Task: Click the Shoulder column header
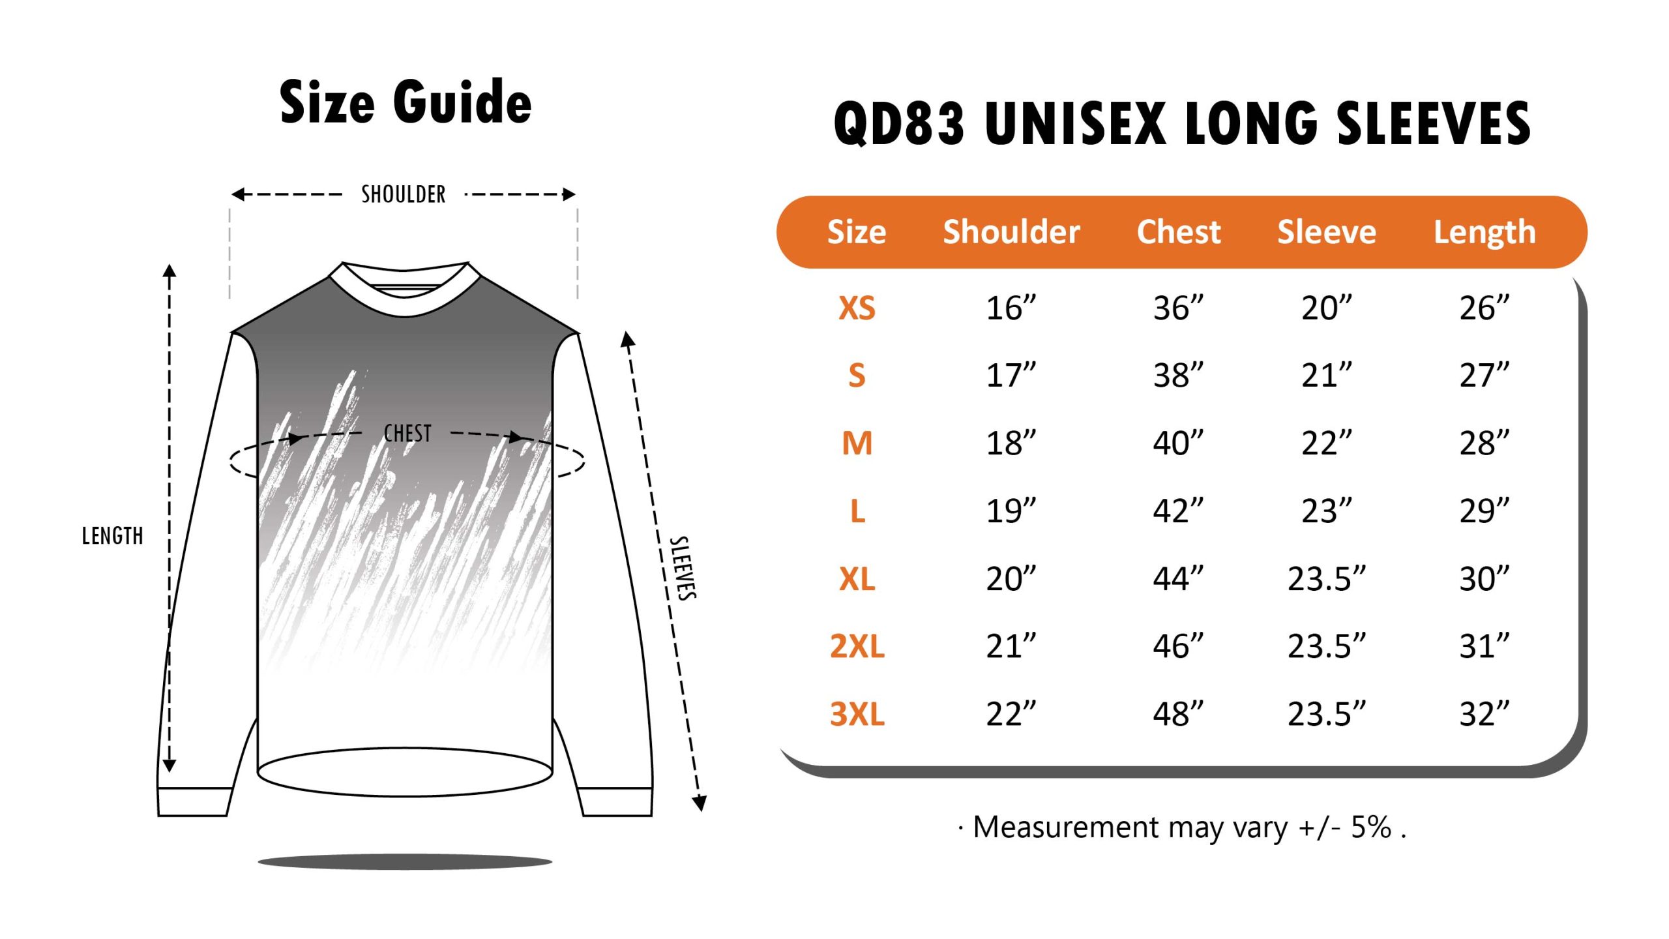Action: (1011, 231)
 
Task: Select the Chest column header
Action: (1179, 231)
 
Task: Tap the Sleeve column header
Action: (1327, 231)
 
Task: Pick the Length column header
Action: (1484, 233)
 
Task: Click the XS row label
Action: (857, 308)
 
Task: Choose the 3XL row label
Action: (857, 714)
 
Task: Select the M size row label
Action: (857, 443)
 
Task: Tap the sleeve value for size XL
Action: (1327, 579)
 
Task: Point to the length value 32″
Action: (1484, 714)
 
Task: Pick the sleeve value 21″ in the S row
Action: (1327, 376)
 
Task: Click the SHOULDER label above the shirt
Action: (404, 194)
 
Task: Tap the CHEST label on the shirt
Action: (407, 433)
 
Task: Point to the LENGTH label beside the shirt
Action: (112, 536)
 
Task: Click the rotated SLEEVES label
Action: (683, 567)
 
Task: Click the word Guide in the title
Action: (462, 102)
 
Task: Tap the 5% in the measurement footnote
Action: (1371, 827)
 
